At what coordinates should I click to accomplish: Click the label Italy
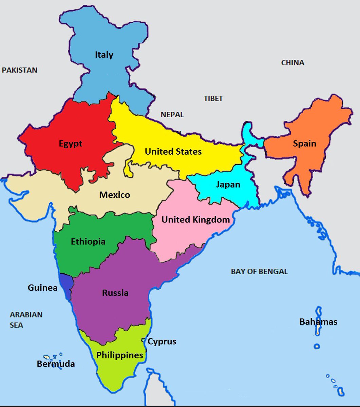[x=104, y=55]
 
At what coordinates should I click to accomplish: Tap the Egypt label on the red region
[x=71, y=144]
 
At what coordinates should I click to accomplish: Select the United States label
[x=173, y=152]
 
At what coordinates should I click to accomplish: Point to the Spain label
[x=304, y=143]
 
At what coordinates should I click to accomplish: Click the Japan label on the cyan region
[x=228, y=185]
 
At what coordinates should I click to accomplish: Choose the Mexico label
[x=114, y=195]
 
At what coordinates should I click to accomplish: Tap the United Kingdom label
[x=195, y=220]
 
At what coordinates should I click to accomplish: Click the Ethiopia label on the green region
[x=88, y=242]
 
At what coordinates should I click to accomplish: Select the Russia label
[x=115, y=293]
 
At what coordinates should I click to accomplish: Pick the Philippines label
[x=119, y=355]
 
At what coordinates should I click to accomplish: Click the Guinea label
[x=42, y=288]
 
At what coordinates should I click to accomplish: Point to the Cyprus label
[x=162, y=341]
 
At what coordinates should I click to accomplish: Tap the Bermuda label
[x=56, y=364]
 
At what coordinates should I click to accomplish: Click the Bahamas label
[x=318, y=322]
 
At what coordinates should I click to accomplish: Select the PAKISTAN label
[x=19, y=70]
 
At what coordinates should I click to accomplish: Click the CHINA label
[x=292, y=63]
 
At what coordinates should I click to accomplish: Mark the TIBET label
[x=213, y=98]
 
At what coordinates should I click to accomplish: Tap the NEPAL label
[x=172, y=115]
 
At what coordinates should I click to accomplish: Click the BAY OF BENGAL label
[x=259, y=271]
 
